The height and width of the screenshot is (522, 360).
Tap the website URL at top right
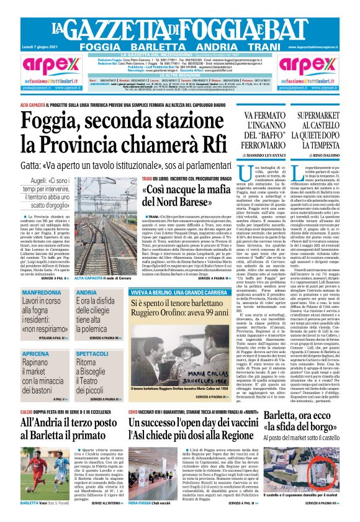(323, 47)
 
